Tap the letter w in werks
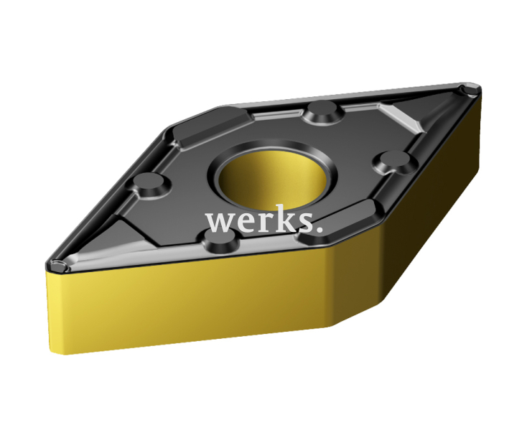coord(220,221)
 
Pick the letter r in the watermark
coord(261,222)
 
